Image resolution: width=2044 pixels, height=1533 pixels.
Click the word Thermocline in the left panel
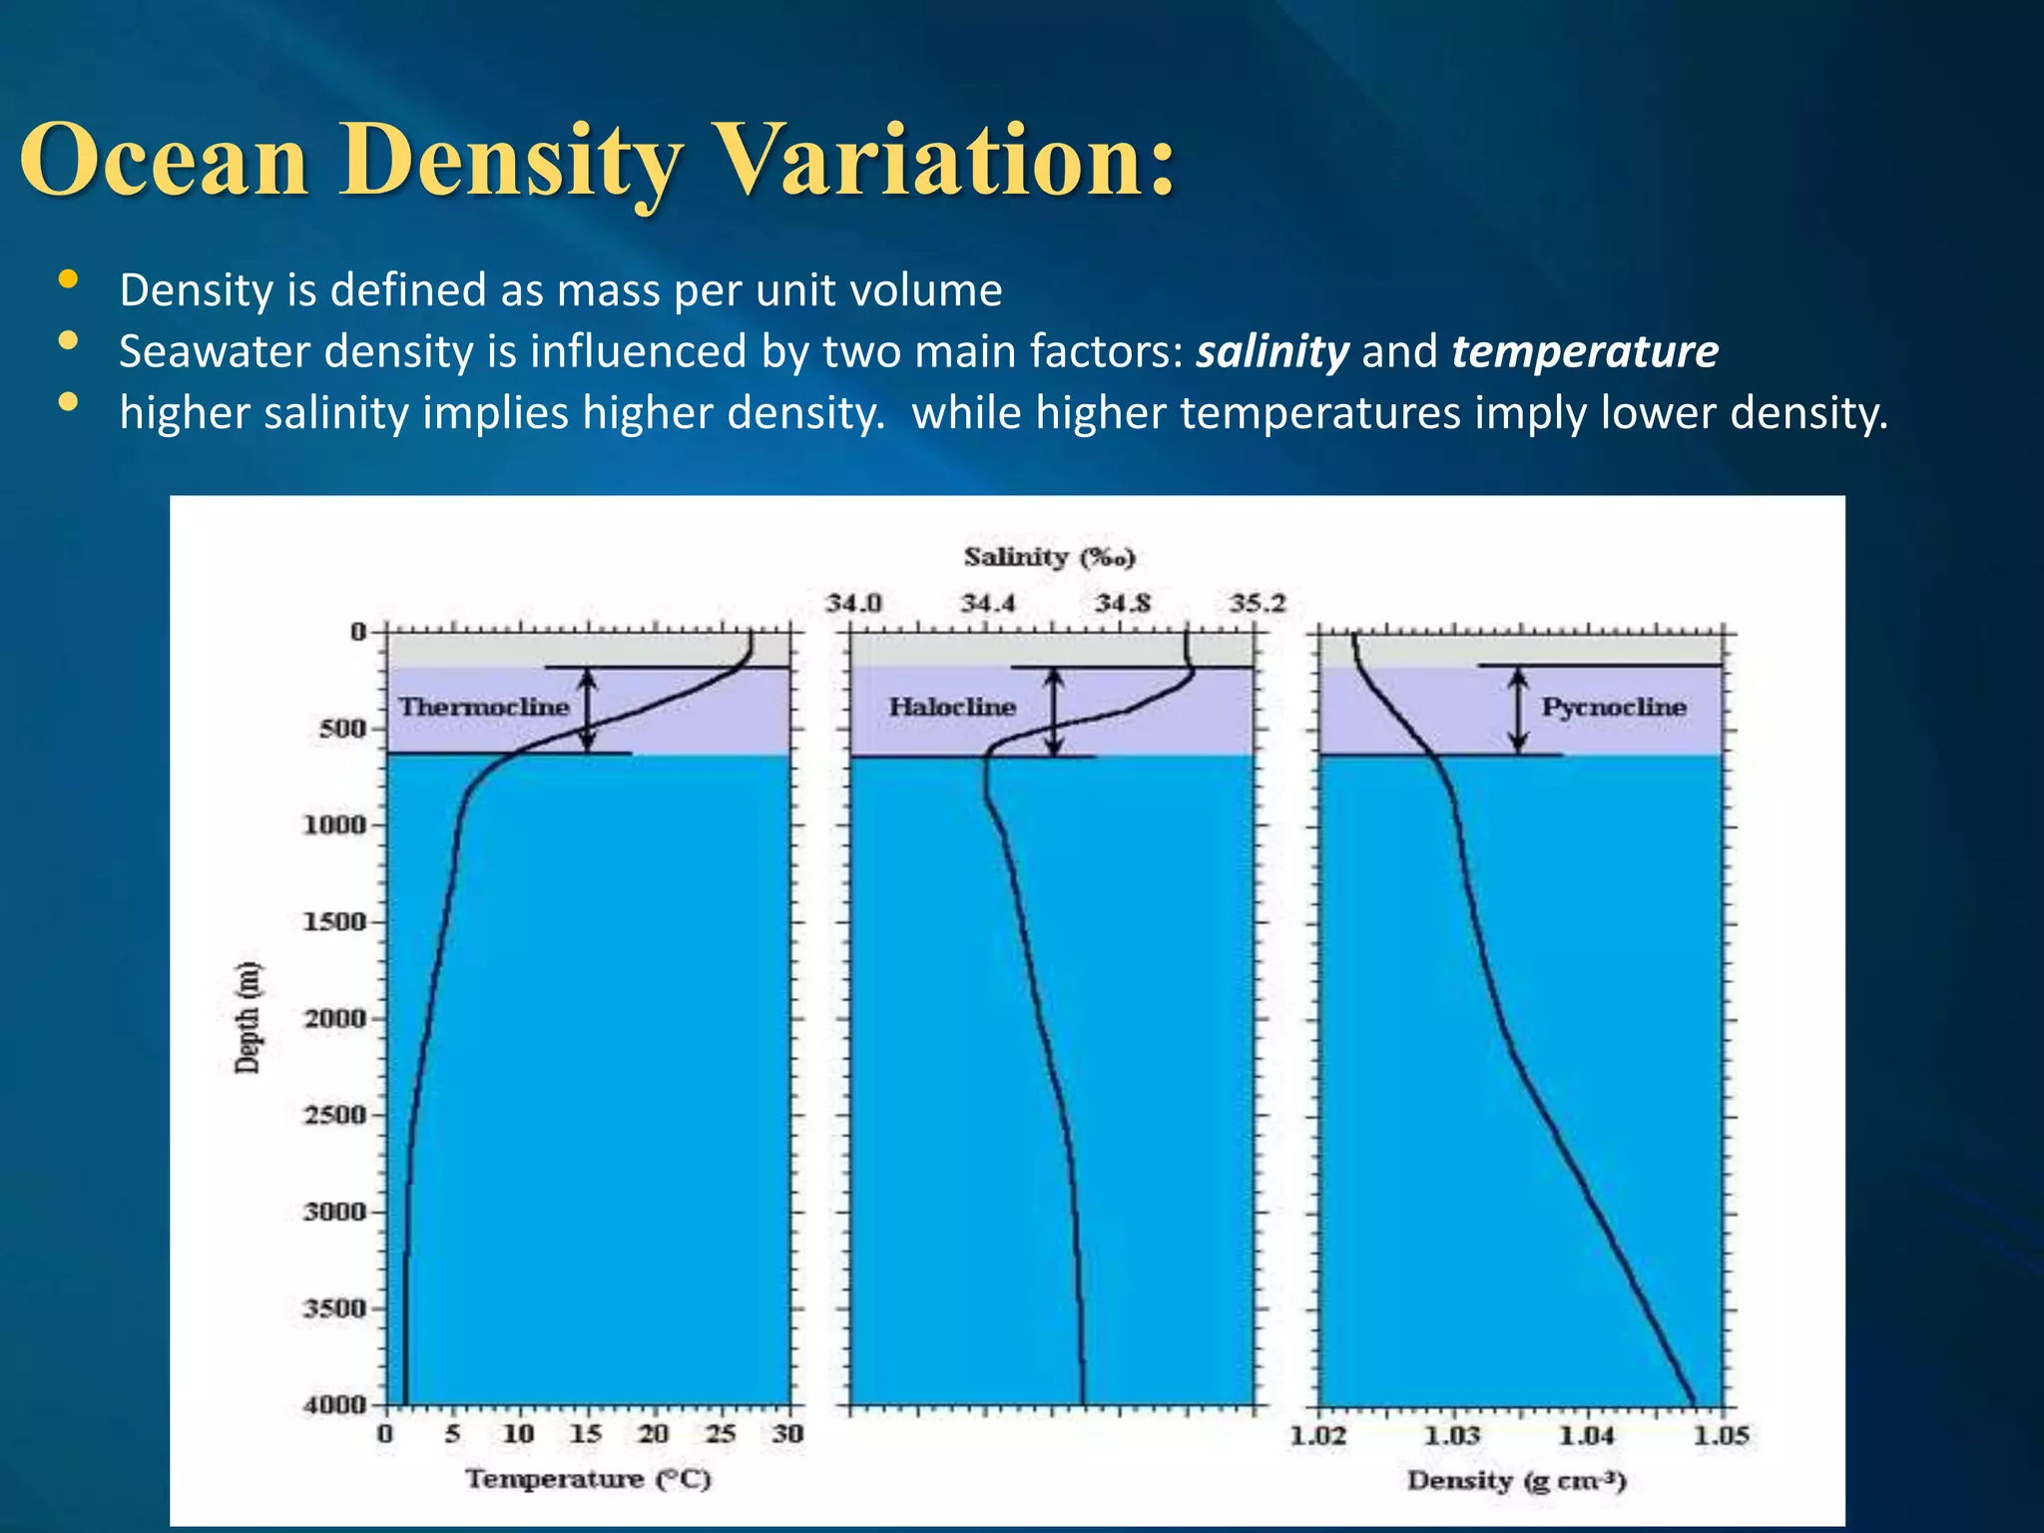[x=484, y=707]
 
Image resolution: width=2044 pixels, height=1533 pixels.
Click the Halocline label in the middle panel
[x=952, y=707]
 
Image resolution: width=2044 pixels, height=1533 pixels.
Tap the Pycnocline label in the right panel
[x=1614, y=707]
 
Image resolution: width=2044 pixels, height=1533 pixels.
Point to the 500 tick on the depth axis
[x=342, y=729]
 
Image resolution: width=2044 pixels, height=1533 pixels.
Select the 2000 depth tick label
[x=335, y=1018]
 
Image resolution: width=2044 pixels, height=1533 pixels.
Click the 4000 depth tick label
[x=335, y=1404]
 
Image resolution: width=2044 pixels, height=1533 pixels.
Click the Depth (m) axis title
[x=247, y=1017]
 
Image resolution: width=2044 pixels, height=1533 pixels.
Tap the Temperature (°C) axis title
[x=588, y=1478]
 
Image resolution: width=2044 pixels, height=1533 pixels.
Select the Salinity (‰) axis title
[x=1050, y=557]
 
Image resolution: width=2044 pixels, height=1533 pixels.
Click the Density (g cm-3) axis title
[x=1517, y=1480]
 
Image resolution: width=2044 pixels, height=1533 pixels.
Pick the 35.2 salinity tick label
[x=1258, y=603]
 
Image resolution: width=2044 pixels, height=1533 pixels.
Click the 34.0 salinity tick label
[x=853, y=603]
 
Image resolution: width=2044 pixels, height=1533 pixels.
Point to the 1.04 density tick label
[x=1587, y=1435]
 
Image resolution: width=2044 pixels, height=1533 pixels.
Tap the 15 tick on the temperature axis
[x=586, y=1434]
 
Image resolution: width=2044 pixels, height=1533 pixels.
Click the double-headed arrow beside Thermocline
[x=588, y=710]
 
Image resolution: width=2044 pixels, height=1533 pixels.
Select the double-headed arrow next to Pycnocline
[x=1518, y=710]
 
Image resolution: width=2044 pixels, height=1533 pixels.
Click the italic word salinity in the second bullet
[x=1273, y=351]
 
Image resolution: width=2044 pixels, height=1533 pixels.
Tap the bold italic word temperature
[x=1585, y=351]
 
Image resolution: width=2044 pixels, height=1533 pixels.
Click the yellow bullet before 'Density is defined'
[x=68, y=280]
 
